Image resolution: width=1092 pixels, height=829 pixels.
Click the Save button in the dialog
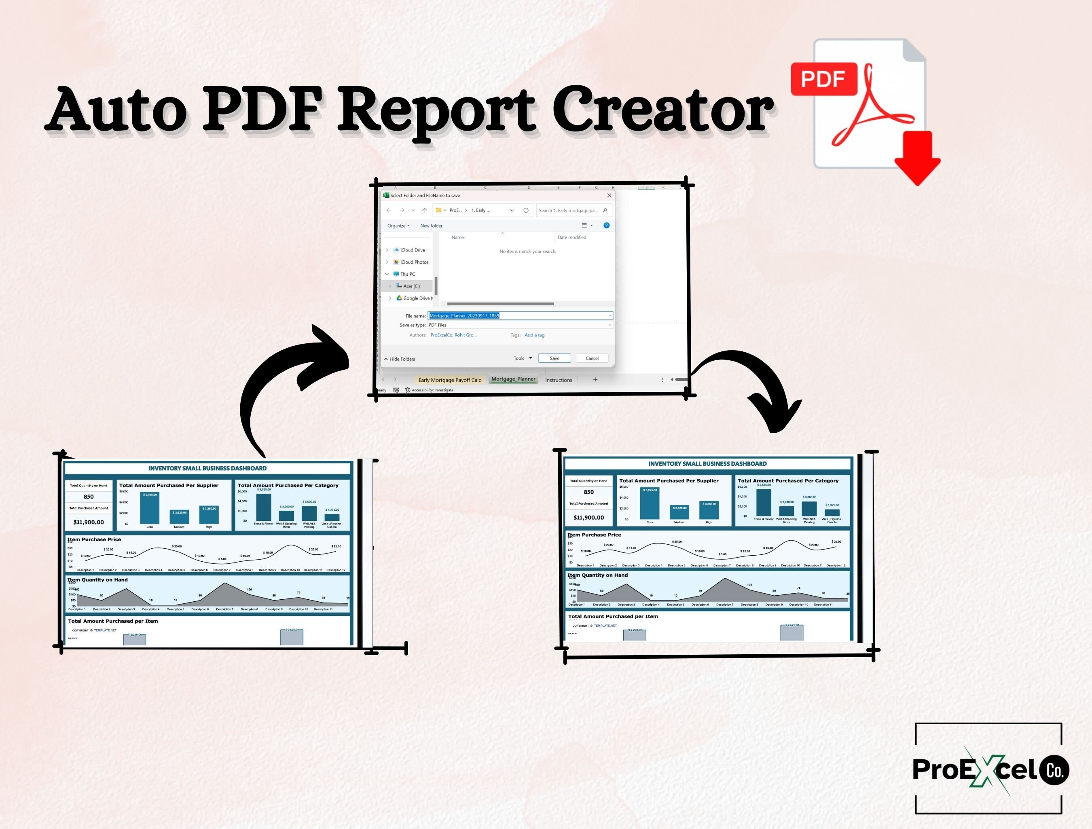(x=554, y=358)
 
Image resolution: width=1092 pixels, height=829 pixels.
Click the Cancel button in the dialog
(x=592, y=358)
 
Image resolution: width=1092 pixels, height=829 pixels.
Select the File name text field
(x=518, y=315)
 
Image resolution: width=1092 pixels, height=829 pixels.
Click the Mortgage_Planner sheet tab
(x=513, y=379)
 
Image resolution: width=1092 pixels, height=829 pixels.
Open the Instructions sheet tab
(x=559, y=380)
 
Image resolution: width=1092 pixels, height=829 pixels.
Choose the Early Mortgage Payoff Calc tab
(x=449, y=380)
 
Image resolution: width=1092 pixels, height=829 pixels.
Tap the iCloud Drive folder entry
(x=412, y=250)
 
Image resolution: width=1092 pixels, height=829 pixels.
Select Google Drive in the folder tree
(x=417, y=298)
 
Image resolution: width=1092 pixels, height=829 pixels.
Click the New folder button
(x=431, y=226)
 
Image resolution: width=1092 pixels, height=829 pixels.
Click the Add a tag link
(x=534, y=335)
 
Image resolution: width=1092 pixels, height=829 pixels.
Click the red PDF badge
(x=823, y=79)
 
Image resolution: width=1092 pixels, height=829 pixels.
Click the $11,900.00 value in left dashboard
(x=89, y=522)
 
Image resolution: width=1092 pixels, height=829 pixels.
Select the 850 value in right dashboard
(x=588, y=492)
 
